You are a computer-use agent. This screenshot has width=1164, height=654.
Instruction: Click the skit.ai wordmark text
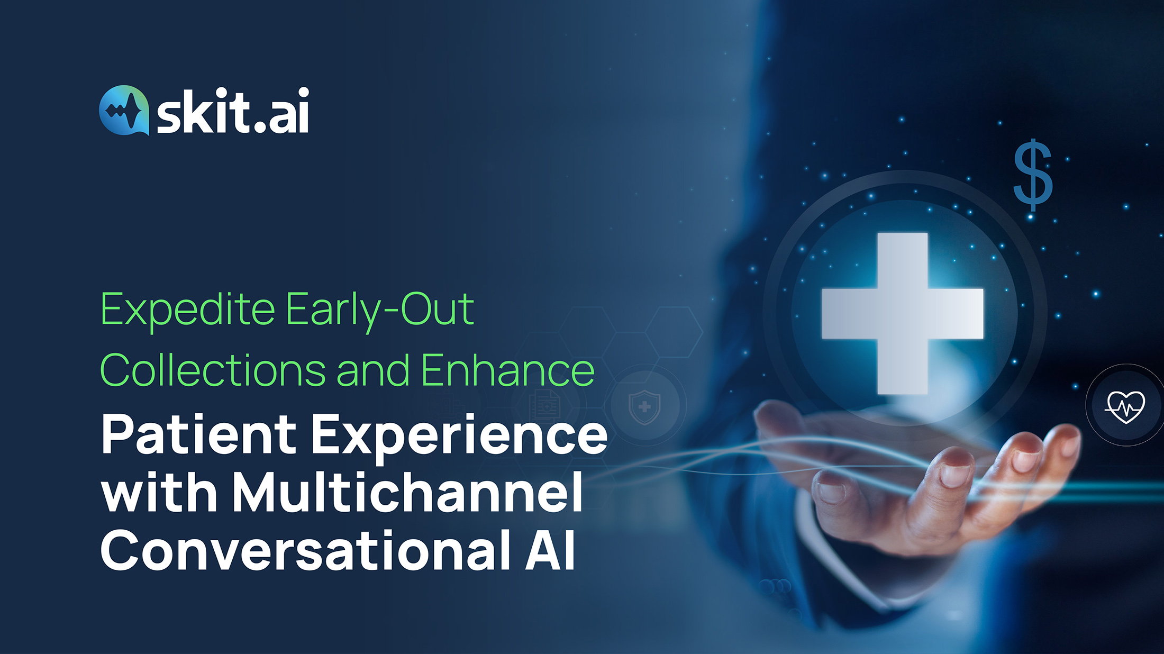point(233,111)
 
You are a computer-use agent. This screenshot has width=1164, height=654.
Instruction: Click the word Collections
point(213,370)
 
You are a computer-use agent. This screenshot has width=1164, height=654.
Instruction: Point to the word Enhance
point(508,370)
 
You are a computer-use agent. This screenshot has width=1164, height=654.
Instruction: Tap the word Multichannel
point(407,492)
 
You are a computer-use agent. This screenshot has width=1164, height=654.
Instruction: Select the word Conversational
point(305,550)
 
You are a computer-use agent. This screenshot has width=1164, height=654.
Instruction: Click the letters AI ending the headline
point(550,550)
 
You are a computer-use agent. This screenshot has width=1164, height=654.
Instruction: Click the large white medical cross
point(903,314)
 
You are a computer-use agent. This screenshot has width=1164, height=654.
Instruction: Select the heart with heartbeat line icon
point(1125,406)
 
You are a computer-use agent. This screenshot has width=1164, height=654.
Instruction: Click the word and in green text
point(373,370)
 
